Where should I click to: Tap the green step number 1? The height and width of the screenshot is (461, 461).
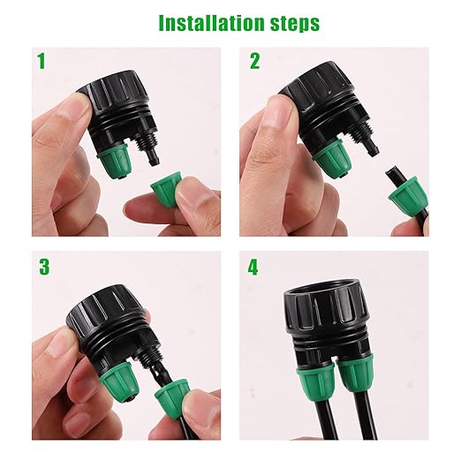click(41, 62)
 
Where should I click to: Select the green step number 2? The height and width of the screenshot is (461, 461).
click(255, 62)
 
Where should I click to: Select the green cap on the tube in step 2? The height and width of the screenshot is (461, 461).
click(407, 194)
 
